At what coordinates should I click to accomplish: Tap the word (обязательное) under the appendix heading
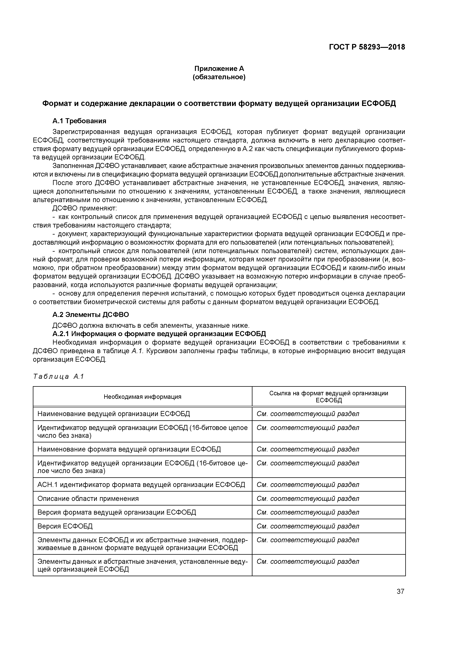click(x=219, y=77)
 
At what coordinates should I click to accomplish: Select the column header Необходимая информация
click(x=142, y=397)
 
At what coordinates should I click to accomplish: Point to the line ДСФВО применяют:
click(x=84, y=208)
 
